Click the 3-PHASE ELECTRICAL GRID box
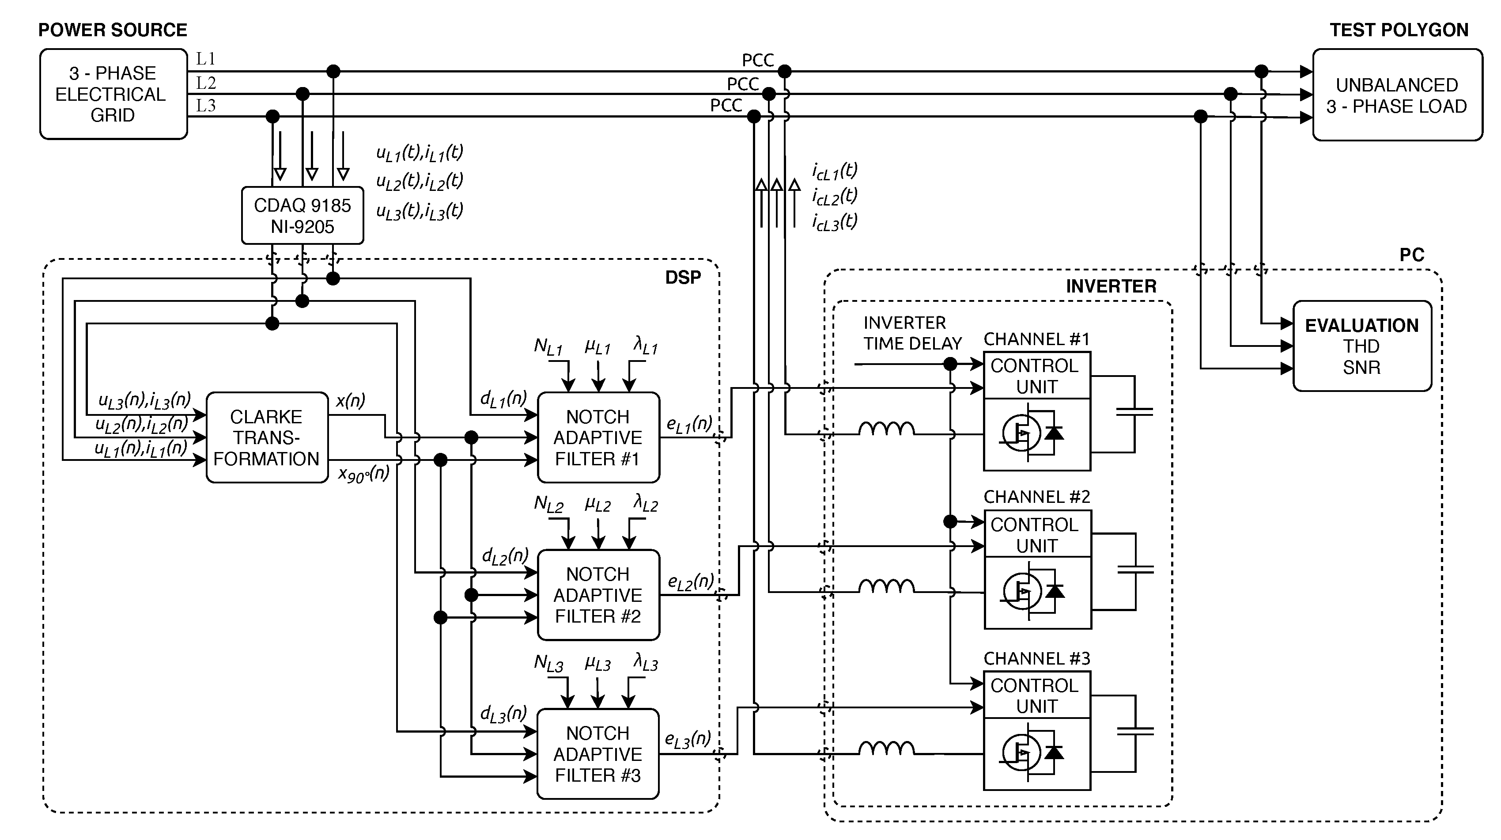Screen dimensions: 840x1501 (113, 94)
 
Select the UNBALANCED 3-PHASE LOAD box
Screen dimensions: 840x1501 (1397, 95)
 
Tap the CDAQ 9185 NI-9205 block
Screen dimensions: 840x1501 (302, 216)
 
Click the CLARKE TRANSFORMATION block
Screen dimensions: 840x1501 (267, 437)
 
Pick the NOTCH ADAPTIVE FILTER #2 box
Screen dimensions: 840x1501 (598, 595)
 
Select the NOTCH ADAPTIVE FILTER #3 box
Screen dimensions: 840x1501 (598, 754)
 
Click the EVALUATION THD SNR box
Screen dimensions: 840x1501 (1362, 346)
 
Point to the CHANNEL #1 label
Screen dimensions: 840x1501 (1036, 339)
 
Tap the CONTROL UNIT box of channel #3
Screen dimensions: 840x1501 (1036, 696)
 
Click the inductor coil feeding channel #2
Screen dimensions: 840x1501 (886, 586)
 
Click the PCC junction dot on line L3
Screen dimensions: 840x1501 (753, 117)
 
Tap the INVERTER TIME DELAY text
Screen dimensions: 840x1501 (912, 333)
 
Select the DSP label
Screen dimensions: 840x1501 (683, 277)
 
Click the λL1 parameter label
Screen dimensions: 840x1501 (645, 347)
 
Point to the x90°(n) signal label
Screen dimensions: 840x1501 (363, 473)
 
